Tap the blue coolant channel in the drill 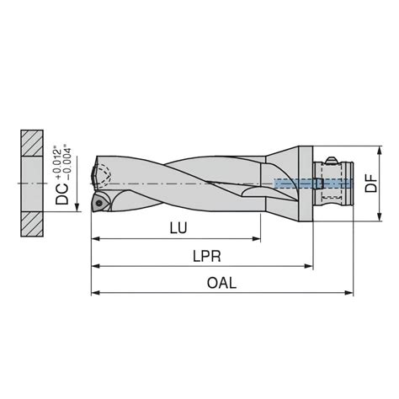coord(295,182)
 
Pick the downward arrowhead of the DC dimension coord(77,206)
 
